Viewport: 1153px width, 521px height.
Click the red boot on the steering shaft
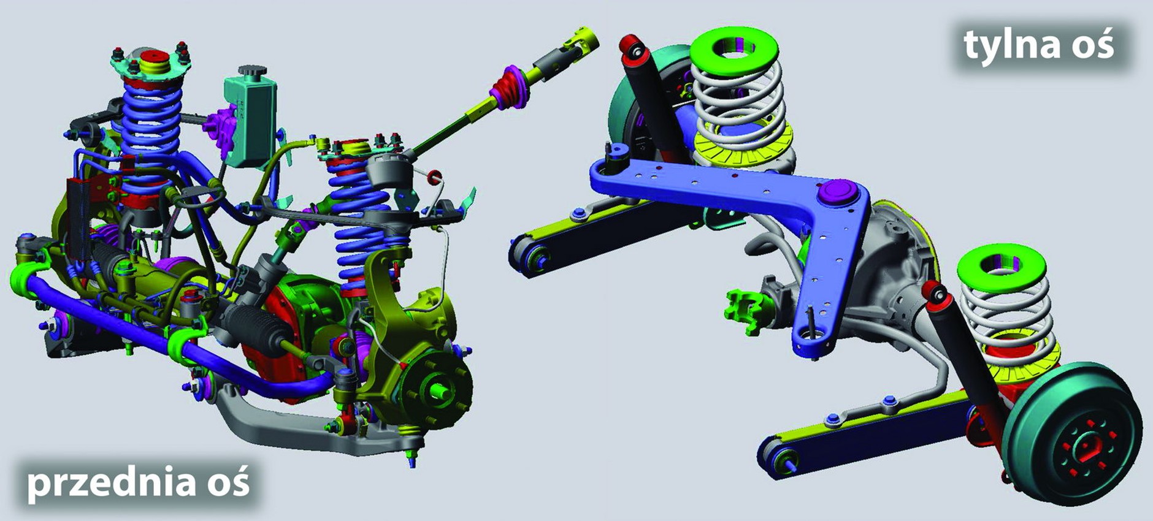tap(508, 91)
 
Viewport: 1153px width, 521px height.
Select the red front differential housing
tap(288, 334)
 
